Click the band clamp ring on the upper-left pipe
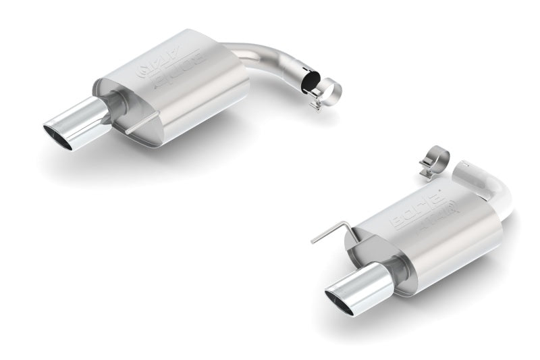coord(328,91)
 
